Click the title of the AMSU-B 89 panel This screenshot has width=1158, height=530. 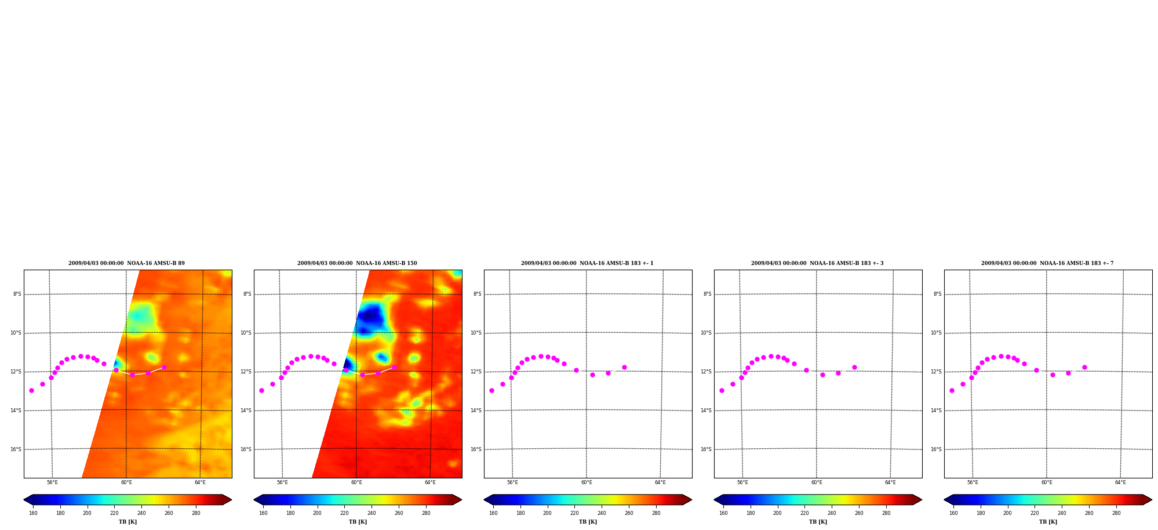(x=126, y=263)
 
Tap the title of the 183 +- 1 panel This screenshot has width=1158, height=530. (x=587, y=263)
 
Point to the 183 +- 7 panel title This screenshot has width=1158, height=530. (x=1047, y=263)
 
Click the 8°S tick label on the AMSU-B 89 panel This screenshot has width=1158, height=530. (x=17, y=294)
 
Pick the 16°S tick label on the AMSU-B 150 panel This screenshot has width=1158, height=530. (x=246, y=449)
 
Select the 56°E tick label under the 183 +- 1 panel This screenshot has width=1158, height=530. (x=512, y=482)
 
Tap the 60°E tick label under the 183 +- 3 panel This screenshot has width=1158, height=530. (x=817, y=482)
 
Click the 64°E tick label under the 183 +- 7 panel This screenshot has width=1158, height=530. (x=1120, y=482)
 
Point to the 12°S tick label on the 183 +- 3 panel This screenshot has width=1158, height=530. (x=707, y=372)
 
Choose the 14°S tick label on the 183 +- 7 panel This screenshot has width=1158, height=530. (x=937, y=411)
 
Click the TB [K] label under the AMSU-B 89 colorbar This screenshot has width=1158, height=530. (x=128, y=522)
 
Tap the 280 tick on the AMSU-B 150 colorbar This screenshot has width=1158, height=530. (x=426, y=513)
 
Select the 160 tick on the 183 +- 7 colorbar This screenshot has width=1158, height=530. (x=953, y=513)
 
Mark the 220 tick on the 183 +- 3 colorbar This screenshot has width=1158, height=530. (x=804, y=513)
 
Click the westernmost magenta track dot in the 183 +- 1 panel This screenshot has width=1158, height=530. (x=491, y=390)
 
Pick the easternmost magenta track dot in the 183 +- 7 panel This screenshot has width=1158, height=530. (x=1084, y=367)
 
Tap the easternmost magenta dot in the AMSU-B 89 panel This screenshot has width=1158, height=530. (x=164, y=367)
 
